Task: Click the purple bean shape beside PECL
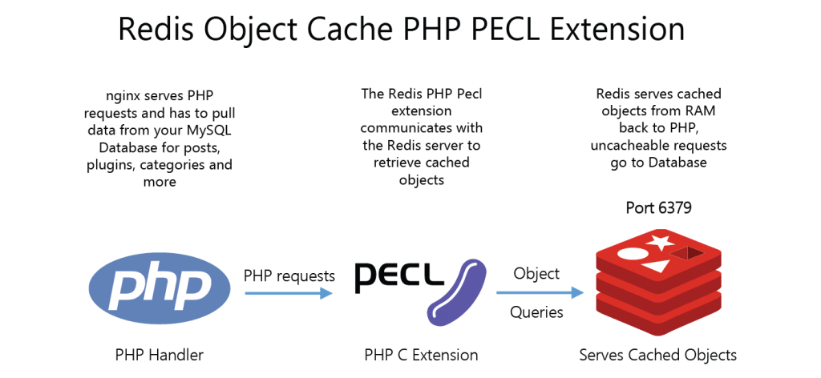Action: pos(455,293)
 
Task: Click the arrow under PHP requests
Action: pos(289,294)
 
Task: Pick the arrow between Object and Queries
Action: pos(540,293)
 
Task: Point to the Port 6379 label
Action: pos(659,208)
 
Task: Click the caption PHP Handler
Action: pos(160,356)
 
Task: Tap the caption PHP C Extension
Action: pos(421,356)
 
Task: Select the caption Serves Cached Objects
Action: pos(657,356)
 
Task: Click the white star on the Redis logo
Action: pos(661,242)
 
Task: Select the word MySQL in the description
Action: pos(212,131)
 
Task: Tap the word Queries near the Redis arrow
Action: pos(536,312)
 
